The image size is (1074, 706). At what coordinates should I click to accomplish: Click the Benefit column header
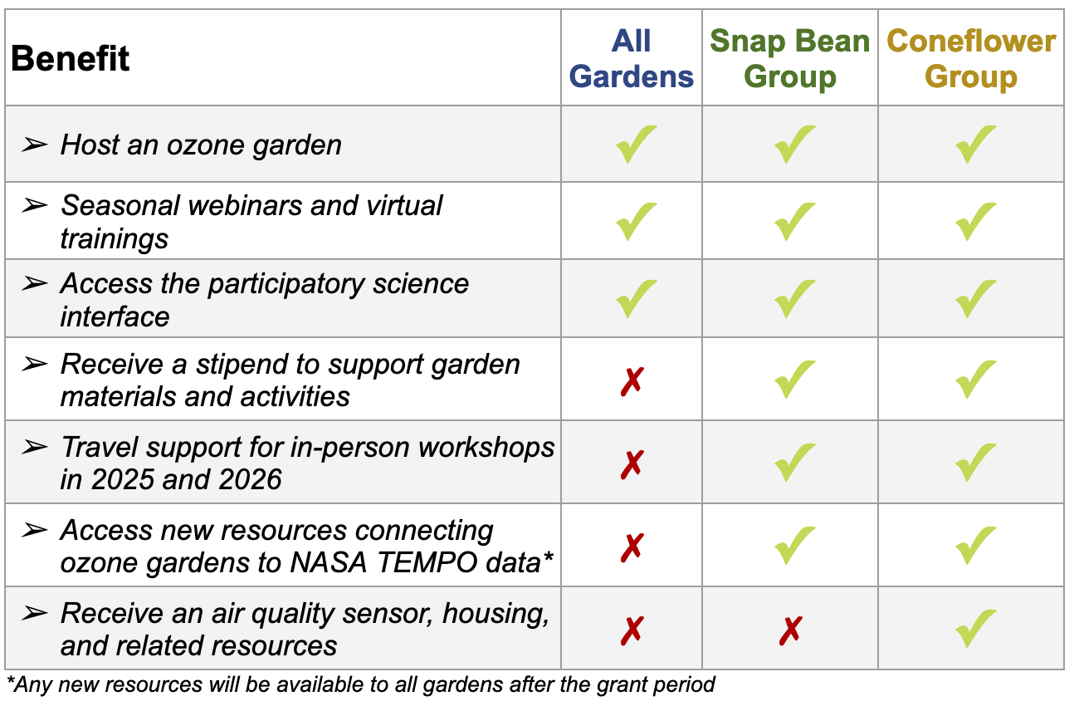pyautogui.click(x=70, y=58)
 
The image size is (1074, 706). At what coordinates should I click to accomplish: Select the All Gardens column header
pyautogui.click(x=632, y=58)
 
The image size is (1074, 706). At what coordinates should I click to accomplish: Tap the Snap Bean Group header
pyautogui.click(x=789, y=58)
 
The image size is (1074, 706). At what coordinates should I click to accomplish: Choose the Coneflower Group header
pyautogui.click(x=971, y=58)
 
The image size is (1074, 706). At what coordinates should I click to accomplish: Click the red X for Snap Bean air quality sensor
pyautogui.click(x=790, y=630)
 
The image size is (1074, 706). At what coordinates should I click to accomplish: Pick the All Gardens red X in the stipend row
pyautogui.click(x=632, y=381)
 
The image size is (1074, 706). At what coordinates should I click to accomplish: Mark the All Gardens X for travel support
pyautogui.click(x=632, y=464)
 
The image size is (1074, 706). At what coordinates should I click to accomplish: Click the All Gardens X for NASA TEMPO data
pyautogui.click(x=632, y=547)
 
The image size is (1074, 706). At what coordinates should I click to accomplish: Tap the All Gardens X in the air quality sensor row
pyautogui.click(x=632, y=630)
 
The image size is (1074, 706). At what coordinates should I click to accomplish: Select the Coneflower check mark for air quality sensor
pyautogui.click(x=975, y=628)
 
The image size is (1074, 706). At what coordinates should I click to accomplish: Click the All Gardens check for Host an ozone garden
pyautogui.click(x=636, y=144)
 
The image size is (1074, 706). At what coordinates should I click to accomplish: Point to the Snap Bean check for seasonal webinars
pyautogui.click(x=794, y=221)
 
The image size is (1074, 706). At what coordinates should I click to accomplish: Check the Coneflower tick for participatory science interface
pyautogui.click(x=975, y=298)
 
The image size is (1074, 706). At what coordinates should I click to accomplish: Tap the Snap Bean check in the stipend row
pyautogui.click(x=794, y=379)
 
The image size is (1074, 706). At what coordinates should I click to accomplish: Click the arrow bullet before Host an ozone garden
pyautogui.click(x=35, y=144)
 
